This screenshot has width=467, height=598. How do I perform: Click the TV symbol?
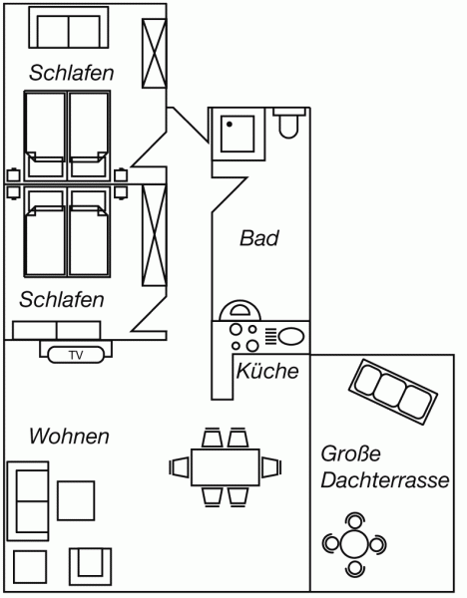coord(76,355)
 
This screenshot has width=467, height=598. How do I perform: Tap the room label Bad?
coord(259,238)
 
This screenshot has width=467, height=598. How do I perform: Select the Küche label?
coord(267,371)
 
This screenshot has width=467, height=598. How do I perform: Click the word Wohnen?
coord(69,436)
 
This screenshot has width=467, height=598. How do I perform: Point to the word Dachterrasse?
coord(385,479)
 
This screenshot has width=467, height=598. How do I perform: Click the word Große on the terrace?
coord(350,453)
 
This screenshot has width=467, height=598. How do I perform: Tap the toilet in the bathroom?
coord(289,122)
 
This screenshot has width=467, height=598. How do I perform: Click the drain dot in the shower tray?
coord(230,125)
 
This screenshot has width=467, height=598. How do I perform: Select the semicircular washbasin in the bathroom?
coord(239,310)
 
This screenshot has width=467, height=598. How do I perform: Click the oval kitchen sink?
coord(291,337)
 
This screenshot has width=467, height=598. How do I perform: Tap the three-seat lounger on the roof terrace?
coord(393,392)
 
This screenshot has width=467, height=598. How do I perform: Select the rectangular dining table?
coord(226,467)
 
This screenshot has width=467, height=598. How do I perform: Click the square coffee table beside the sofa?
coord(76,500)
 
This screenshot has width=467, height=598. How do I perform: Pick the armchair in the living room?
coord(90,567)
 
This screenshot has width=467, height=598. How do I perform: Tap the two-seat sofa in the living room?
coord(28,501)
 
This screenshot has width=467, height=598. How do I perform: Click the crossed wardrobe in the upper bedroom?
coord(155,54)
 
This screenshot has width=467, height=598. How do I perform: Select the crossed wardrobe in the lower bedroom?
coord(155,235)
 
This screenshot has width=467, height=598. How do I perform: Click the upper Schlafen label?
coord(72,73)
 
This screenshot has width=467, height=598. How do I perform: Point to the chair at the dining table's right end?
coord(271,467)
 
